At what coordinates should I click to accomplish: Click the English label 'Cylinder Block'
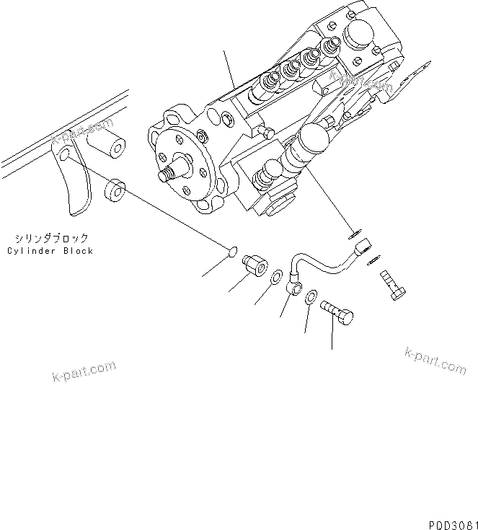50,251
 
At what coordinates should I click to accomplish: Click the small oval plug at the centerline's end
230,252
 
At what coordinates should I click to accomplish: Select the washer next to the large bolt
311,296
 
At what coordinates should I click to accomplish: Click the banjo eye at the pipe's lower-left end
294,287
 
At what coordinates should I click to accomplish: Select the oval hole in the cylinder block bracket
65,156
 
